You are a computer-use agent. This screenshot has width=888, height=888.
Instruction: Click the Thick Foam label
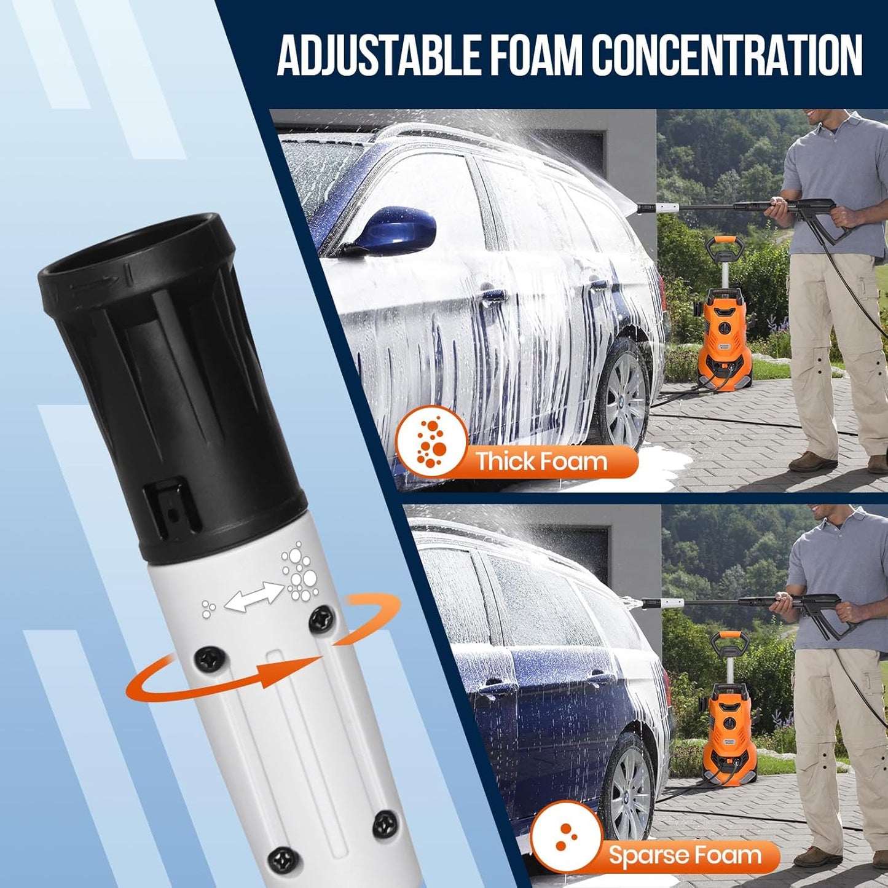541,462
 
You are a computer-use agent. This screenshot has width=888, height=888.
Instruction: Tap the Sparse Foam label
685,855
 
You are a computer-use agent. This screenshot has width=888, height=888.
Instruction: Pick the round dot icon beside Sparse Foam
566,836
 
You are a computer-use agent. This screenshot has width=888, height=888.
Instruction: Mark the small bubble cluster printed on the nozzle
209,608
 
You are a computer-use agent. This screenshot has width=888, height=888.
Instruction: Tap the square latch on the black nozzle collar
173,505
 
